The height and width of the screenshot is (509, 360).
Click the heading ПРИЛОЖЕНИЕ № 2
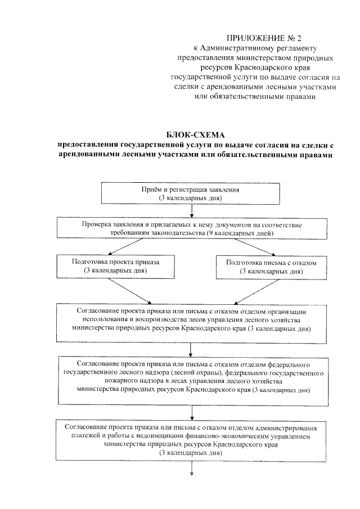pyautogui.click(x=264, y=38)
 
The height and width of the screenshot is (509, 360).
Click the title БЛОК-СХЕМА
pyautogui.click(x=195, y=134)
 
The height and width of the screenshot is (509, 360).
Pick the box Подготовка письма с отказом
pyautogui.click(x=268, y=267)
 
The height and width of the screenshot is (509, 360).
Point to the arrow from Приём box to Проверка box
pyautogui.click(x=192, y=210)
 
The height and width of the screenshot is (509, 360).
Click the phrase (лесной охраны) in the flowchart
pyautogui.click(x=193, y=373)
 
